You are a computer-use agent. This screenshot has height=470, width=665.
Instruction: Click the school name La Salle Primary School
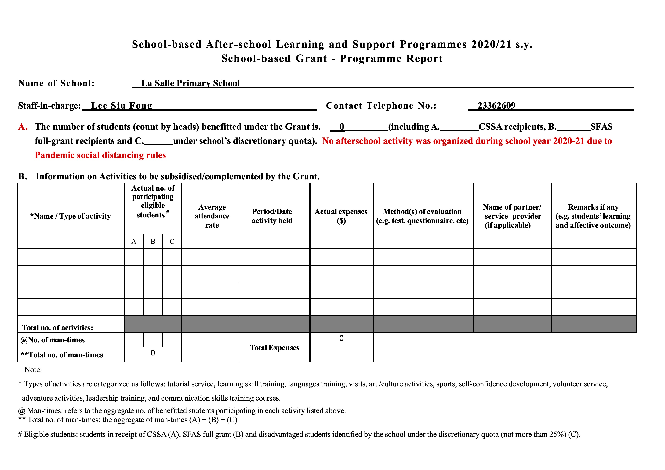click(x=190, y=83)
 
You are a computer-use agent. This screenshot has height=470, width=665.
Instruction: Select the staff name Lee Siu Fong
click(x=122, y=106)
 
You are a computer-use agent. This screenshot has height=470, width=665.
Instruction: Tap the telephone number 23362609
click(x=496, y=106)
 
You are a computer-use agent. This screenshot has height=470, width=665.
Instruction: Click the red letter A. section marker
click(x=23, y=127)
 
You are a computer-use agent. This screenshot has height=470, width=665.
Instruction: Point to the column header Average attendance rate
click(x=212, y=216)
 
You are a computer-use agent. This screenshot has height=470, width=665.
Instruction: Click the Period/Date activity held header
click(x=272, y=216)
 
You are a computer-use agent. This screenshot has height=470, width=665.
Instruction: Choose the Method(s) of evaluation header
click(x=422, y=216)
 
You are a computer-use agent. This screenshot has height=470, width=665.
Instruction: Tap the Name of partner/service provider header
click(x=512, y=216)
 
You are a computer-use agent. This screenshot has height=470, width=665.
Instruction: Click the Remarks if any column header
click(x=593, y=216)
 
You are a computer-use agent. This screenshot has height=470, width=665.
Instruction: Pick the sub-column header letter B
click(x=153, y=242)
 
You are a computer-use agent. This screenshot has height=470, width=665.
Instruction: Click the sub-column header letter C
click(x=172, y=242)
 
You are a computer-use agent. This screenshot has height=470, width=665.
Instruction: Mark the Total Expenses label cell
click(x=274, y=348)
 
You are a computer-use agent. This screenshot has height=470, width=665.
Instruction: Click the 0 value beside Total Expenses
click(x=341, y=338)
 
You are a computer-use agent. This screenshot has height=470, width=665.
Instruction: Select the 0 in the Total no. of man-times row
click(x=153, y=353)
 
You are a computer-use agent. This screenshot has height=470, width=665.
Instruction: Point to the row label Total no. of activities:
click(x=57, y=328)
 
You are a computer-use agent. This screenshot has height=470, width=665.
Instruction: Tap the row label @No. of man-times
click(x=53, y=340)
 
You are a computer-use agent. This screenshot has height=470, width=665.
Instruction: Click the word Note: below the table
click(x=33, y=370)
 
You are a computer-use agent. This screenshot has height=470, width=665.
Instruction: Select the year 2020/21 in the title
click(x=491, y=44)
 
